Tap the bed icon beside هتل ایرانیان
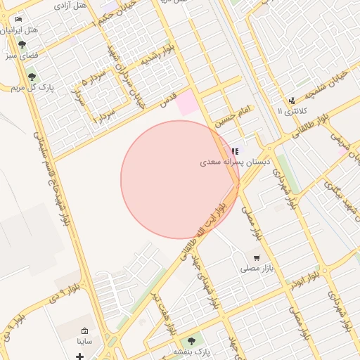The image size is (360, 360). click(18, 19)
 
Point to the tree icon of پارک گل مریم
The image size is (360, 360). click(31, 76)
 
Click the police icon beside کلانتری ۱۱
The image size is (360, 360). click(292, 101)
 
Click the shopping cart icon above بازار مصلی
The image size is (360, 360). click(257, 258)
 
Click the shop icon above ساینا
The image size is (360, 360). click(85, 331)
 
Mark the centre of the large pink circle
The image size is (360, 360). click(180, 180)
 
